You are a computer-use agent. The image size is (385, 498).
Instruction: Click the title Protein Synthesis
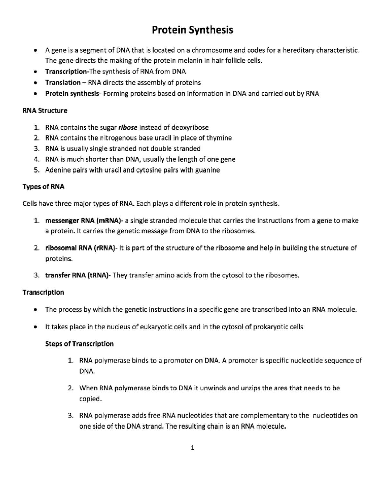(192, 30)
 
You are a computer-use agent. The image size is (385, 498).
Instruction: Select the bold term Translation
(63, 82)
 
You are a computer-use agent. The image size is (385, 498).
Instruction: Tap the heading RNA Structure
(45, 111)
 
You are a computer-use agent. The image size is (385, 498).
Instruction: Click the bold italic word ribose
(128, 128)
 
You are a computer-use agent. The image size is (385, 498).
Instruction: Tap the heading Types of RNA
(43, 187)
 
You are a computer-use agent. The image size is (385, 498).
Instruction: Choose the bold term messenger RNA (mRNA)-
(84, 221)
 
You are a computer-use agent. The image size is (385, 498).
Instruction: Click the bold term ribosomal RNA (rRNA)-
(81, 248)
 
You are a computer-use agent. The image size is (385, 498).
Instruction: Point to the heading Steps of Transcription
(79, 344)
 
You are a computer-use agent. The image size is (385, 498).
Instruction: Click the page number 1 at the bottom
(192, 448)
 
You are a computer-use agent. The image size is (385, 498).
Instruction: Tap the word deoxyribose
(190, 128)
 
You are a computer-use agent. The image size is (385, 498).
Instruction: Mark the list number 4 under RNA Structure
(36, 159)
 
